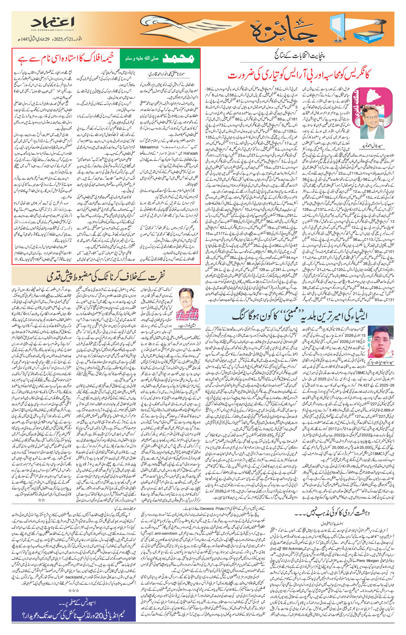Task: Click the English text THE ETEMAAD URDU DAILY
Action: (52, 30)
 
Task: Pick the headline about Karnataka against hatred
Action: (106, 276)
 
